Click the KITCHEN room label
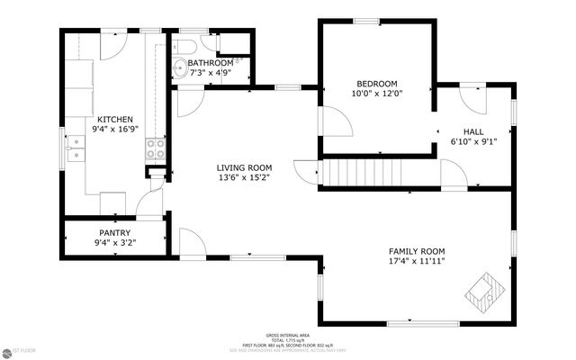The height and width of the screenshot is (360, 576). pos(115,119)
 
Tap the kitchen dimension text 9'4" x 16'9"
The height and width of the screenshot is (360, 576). pos(115,130)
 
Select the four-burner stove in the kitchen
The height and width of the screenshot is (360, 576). pos(154,149)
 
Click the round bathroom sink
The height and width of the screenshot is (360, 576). pos(178,65)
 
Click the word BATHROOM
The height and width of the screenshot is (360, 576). pos(211,63)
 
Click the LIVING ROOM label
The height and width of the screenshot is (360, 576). pos(243,166)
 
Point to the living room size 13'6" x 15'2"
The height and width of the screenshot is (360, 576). pos(243,177)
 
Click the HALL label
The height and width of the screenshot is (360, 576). pos(473,130)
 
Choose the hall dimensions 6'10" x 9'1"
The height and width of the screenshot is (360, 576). pos(473,140)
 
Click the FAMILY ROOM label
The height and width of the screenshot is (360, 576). pos(417,251)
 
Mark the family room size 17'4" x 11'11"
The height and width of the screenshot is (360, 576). pos(417,262)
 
